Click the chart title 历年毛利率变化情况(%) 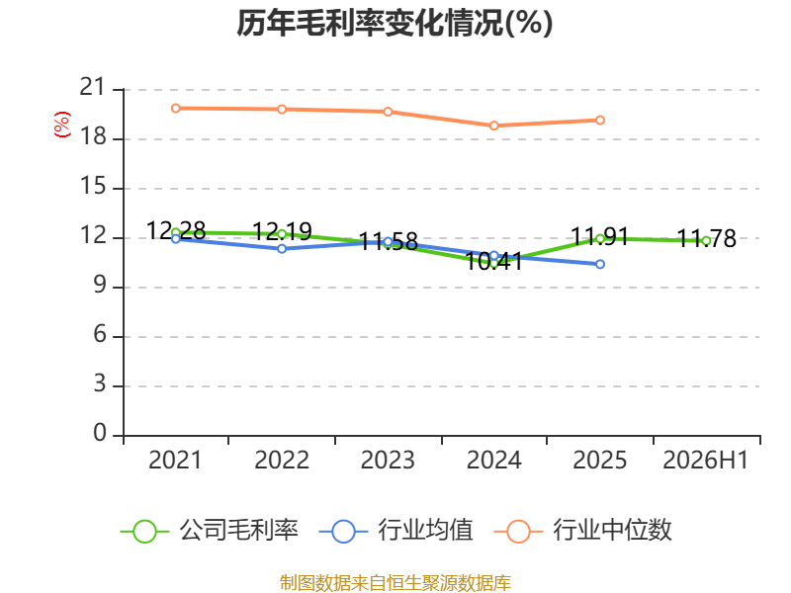pos(395,23)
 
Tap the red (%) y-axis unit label pos(62,125)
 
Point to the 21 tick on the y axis pos(93,88)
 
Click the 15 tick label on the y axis pos(93,187)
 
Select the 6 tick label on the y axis pos(100,335)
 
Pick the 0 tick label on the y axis pos(100,434)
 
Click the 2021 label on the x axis pos(175,460)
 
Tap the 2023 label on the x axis pos(388,460)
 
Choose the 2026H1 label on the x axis pos(706,460)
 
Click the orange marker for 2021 pos(176,109)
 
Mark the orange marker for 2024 pos(493,126)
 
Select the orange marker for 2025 pos(600,120)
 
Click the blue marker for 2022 pos(282,249)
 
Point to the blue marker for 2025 pos(600,264)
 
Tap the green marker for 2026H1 pos(706,241)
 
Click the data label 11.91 pos(600,236)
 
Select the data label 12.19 pos(282,231)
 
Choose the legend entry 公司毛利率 pos(210,531)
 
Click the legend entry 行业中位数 pos(582,531)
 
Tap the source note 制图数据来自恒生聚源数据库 pos(395,583)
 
